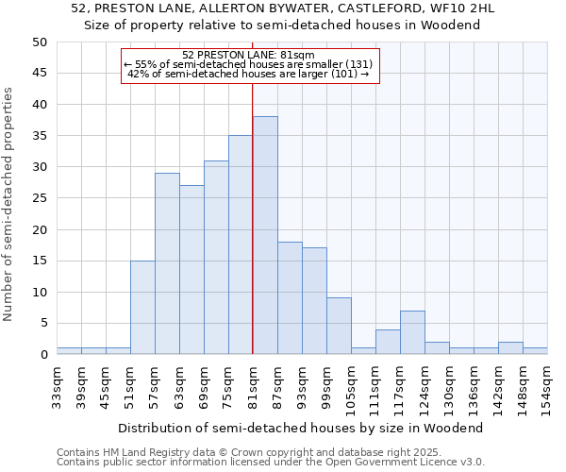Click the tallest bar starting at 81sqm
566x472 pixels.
point(265,235)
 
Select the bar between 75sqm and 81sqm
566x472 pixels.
point(241,244)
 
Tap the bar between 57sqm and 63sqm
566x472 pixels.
point(167,263)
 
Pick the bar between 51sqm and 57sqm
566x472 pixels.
point(142,307)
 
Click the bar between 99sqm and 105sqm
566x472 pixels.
point(339,326)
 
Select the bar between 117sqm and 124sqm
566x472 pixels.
point(412,332)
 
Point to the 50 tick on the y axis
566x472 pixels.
point(39,42)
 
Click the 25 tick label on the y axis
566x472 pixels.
point(39,198)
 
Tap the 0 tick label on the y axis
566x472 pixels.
point(42,355)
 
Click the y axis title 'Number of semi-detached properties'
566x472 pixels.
point(9,204)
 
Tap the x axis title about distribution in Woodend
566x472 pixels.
point(301,428)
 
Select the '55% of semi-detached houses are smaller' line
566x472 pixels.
point(249,64)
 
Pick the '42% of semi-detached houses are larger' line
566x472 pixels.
point(248,74)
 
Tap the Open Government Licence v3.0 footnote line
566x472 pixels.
point(271,463)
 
